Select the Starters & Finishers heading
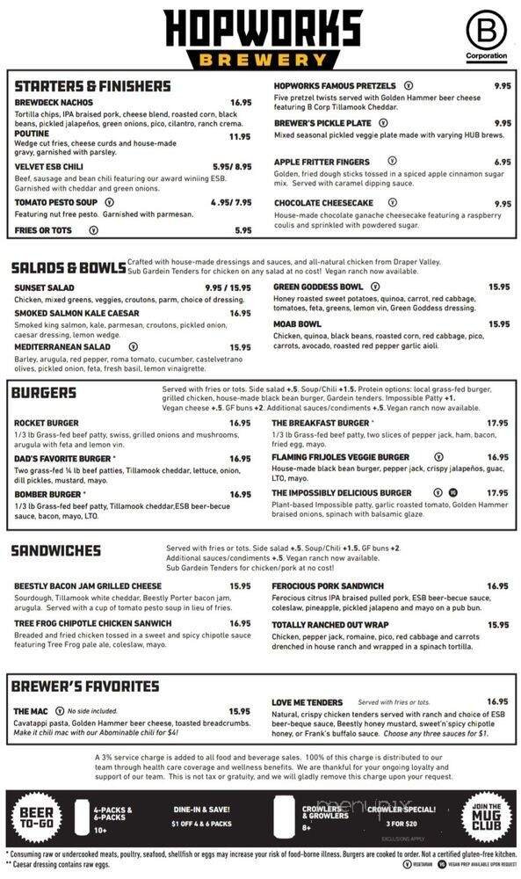pyautogui.click(x=92, y=86)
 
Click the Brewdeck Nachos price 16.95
pyautogui.click(x=241, y=103)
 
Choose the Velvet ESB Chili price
pyautogui.click(x=232, y=166)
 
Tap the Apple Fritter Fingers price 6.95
pyautogui.click(x=503, y=163)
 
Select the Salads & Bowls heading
pyautogui.click(x=68, y=267)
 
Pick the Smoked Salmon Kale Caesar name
pyautogui.click(x=76, y=313)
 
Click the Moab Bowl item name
pyautogui.click(x=297, y=324)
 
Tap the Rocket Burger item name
pyautogui.click(x=47, y=423)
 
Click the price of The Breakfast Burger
pyautogui.click(x=497, y=423)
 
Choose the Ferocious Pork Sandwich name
pyautogui.click(x=328, y=586)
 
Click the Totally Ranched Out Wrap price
pyautogui.click(x=498, y=625)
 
